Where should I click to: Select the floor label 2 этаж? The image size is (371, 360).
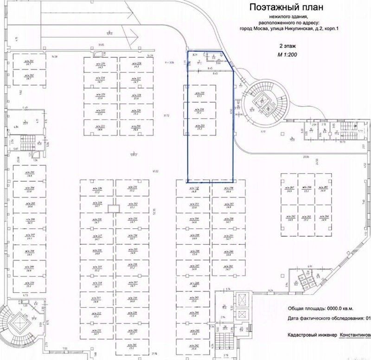click(x=287, y=47)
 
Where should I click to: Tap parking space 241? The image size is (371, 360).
click(x=133, y=346)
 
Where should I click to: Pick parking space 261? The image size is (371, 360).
click(x=228, y=268)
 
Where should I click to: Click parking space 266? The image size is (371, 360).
click(x=307, y=188)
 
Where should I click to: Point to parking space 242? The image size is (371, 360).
click(x=195, y=346)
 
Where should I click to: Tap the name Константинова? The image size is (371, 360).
click(x=355, y=334)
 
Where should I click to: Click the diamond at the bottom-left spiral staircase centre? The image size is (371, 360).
click(x=19, y=320)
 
